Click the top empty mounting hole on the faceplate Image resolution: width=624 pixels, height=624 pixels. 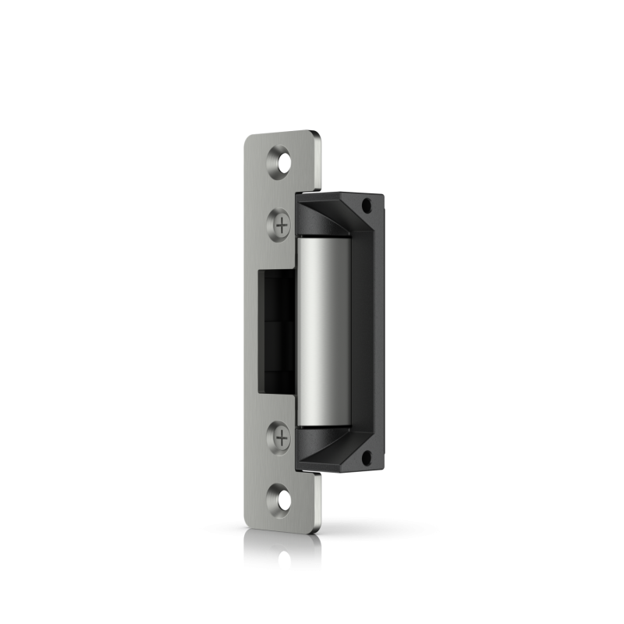coord(281,162)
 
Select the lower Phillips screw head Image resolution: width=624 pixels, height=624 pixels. coord(282,438)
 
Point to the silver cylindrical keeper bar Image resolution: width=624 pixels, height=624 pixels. coord(322,331)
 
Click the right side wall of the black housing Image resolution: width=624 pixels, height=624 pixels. coord(379,331)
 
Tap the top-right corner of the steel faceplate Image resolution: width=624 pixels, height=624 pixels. coord(317,134)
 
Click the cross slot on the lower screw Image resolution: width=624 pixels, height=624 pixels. coord(282,438)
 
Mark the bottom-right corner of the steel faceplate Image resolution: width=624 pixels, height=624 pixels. coord(318,530)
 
